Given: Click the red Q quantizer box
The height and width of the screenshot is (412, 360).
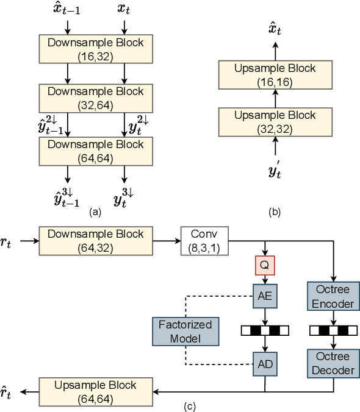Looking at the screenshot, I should [265, 266].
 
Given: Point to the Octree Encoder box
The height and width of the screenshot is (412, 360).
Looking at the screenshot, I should [333, 297].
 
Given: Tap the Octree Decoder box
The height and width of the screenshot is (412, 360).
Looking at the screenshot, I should [333, 363].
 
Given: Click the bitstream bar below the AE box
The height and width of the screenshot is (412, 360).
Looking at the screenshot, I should [265, 331].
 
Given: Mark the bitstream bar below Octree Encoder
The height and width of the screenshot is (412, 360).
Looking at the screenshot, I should [333, 331].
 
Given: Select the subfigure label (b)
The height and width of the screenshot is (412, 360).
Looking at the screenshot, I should [274, 212].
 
